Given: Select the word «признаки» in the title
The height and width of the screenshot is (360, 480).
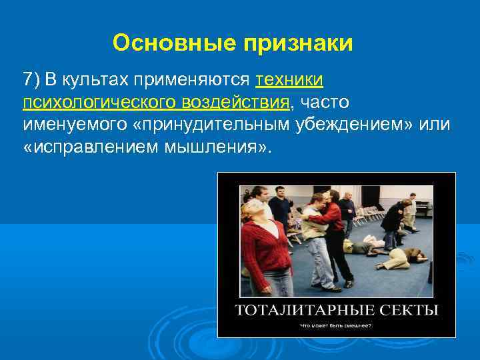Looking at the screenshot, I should click(x=300, y=43).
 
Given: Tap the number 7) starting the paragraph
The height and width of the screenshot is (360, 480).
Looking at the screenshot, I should click(x=32, y=80).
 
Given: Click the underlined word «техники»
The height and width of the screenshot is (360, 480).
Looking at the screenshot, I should click(x=290, y=80).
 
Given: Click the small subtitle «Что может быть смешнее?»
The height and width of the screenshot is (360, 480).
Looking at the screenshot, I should click(x=336, y=325).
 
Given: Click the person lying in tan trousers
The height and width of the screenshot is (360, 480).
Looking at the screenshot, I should click(x=403, y=258).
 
